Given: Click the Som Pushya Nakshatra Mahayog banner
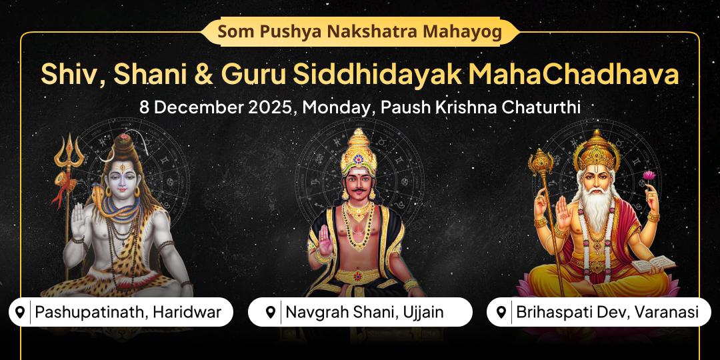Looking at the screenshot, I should point(359,31).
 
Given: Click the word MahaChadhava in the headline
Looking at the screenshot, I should point(574,73).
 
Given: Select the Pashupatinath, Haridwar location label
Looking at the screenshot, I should point(121,312).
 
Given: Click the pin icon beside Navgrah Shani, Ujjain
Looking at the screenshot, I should point(270,312).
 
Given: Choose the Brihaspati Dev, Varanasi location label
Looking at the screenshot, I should point(599,312).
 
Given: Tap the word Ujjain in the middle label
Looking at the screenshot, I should point(423,312).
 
